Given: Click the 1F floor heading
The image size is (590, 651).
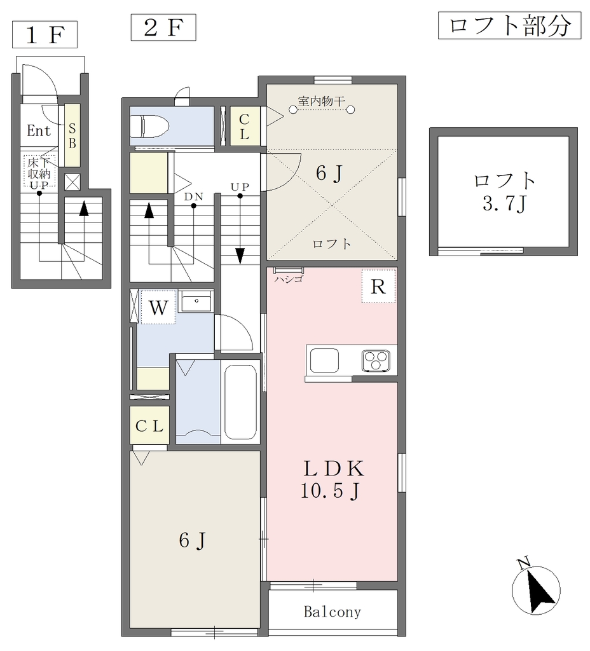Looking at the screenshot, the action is (x=45, y=34).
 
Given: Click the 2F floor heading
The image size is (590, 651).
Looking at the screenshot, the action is (x=163, y=27).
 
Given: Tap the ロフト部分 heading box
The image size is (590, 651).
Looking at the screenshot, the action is (x=509, y=25).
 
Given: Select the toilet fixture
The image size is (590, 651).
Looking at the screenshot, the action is (x=149, y=126).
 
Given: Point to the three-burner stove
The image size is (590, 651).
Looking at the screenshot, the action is (x=376, y=360).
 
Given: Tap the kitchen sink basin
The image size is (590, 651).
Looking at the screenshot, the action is (x=324, y=360).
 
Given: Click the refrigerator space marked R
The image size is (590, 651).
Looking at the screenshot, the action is (x=378, y=287).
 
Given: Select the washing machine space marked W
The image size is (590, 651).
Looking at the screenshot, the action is (x=158, y=307).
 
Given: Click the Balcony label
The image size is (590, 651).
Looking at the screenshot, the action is (x=332, y=612).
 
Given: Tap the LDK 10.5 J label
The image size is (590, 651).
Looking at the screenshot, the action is (x=331, y=479).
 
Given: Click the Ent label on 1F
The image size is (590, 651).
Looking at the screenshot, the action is (x=39, y=131).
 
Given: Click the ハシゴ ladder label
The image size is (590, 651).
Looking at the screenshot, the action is (x=289, y=279).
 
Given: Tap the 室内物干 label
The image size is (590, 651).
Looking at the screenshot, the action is (x=321, y=101).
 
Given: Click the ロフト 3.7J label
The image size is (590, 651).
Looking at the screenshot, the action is (x=504, y=192).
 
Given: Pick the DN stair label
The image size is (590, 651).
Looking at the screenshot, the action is (x=193, y=196).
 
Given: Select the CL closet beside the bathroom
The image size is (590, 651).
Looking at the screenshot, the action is (x=149, y=425).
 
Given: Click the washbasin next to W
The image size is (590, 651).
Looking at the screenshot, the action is (x=196, y=301).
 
